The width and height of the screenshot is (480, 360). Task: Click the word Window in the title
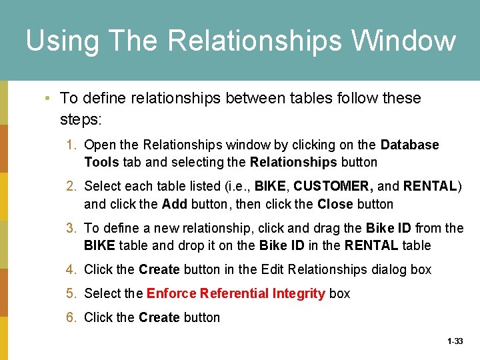click(404, 41)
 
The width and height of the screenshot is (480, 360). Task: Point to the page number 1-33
click(455, 341)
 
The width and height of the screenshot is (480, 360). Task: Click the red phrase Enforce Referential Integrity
click(235, 293)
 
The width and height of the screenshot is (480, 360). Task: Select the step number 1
click(71, 145)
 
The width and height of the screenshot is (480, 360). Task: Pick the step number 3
click(71, 228)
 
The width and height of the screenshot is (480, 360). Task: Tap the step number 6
click(71, 317)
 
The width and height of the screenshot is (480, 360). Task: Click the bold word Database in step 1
click(409, 145)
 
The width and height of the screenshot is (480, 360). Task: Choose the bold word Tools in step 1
click(101, 162)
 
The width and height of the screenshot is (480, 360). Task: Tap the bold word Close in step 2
click(335, 204)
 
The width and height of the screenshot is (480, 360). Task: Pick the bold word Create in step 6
click(159, 317)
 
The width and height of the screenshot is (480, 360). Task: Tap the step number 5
click(71, 293)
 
